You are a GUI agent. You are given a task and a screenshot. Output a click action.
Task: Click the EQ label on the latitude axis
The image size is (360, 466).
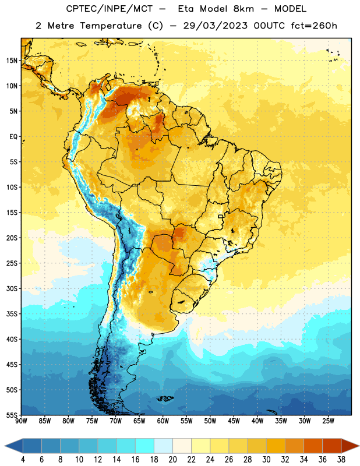coord(13,137)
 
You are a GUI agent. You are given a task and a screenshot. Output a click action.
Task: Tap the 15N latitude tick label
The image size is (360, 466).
coord(12,61)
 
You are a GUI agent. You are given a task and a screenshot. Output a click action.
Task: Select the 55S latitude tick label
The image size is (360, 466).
coord(12,415)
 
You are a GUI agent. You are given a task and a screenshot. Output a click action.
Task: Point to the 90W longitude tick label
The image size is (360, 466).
coord(21,421)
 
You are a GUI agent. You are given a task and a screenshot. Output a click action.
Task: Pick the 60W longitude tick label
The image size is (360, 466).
coord(163,421)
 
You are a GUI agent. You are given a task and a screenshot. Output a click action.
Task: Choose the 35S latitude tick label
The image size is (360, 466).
coord(12,314)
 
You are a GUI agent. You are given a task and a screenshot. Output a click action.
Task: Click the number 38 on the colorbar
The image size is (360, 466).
coord(341,460)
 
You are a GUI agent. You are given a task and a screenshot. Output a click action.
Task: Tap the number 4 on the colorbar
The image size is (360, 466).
coord(23,460)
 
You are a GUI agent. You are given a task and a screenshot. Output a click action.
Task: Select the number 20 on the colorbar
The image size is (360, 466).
coord(172,460)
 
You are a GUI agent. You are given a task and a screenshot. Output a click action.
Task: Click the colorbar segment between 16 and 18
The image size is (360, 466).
coord(145,446)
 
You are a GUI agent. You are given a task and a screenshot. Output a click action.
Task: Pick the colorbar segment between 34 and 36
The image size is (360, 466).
coord(313,446)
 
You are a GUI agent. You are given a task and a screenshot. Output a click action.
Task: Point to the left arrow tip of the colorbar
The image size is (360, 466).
coord(5,446)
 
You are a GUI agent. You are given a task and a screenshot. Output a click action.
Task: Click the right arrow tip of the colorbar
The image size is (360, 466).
coord(359,446)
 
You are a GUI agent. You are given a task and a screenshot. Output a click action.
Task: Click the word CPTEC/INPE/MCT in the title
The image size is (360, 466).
coord(110,9)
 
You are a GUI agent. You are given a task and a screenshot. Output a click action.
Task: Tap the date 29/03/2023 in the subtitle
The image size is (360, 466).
coord(215,26)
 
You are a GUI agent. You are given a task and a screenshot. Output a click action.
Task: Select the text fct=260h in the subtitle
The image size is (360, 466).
coord(314,26)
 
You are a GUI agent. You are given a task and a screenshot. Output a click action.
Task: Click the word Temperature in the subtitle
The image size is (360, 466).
coord(111,26)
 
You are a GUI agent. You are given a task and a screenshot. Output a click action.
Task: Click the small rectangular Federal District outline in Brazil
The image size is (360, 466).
coord(221,216)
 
